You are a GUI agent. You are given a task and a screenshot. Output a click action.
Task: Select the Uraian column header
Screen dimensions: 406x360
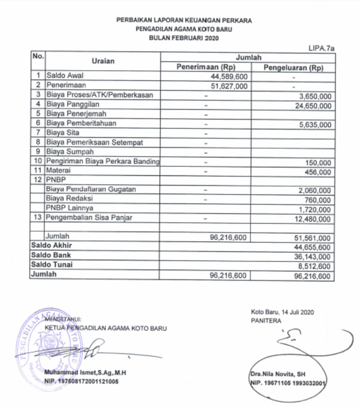[x=103, y=61]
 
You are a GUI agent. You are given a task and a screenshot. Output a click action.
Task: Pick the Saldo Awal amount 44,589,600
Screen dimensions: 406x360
[x=229, y=76]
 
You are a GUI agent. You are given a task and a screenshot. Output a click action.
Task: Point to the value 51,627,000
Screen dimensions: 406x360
[x=229, y=86]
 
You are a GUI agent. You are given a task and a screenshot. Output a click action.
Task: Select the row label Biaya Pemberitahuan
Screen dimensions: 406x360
[x=81, y=123]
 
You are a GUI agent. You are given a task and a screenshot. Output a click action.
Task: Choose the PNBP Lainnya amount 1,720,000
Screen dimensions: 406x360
[x=314, y=210]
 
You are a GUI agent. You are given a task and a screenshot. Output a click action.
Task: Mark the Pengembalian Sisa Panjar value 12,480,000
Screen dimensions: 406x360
[x=311, y=219]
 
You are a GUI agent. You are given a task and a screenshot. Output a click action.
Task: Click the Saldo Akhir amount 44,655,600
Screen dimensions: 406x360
[x=311, y=248]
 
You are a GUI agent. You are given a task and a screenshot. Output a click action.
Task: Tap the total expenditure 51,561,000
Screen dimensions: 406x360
[x=311, y=238]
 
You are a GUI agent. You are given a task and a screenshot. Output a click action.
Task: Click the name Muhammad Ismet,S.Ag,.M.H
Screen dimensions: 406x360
[x=85, y=373]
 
